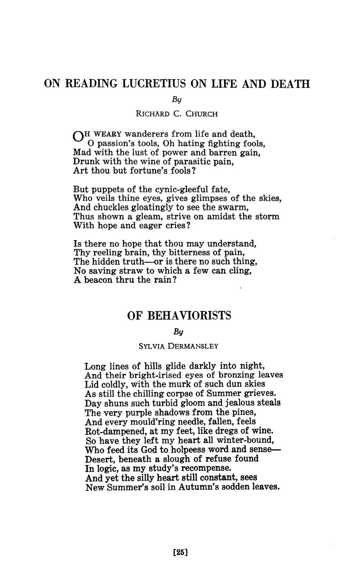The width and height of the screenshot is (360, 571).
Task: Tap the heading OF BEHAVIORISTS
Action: click(x=179, y=316)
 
